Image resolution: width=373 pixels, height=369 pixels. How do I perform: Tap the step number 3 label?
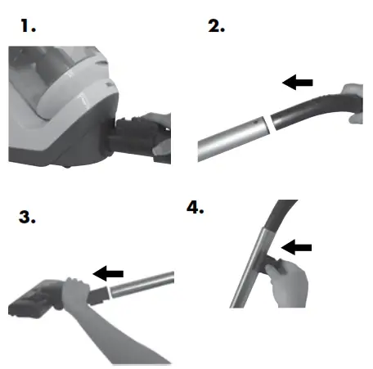[29, 217]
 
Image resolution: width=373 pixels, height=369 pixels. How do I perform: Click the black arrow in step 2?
[298, 82]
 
